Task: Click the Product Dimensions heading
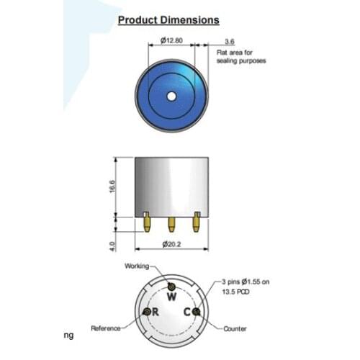[168, 21]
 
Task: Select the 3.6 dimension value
[229, 42]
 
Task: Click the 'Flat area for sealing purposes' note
[240, 56]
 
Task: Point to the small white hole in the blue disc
[171, 96]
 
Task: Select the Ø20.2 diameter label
[171, 245]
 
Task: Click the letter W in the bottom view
[171, 296]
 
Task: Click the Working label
[137, 265]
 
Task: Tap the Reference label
[106, 328]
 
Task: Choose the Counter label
[235, 328]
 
